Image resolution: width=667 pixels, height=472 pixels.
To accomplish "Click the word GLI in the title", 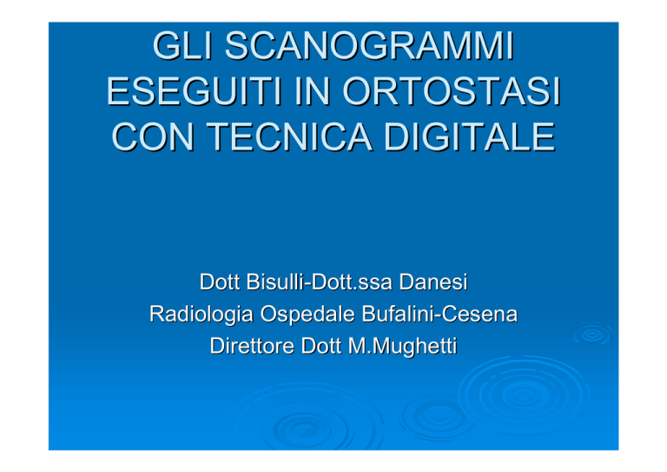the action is point(182,45).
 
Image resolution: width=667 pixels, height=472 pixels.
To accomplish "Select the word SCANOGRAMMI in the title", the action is point(370,45).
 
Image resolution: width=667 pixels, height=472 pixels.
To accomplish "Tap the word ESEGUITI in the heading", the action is point(194,91).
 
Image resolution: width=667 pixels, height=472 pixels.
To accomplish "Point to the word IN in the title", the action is point(313,91).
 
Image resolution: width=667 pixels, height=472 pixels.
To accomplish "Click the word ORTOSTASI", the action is point(452,91).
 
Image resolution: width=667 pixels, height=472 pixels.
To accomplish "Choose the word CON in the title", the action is point(153,137).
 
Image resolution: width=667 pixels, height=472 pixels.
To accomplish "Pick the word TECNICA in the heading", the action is point(289,137).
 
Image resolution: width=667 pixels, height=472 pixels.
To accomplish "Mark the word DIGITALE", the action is point(470,137).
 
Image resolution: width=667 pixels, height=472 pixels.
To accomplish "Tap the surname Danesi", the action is point(433,282).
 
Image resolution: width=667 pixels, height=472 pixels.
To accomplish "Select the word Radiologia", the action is point(201,315).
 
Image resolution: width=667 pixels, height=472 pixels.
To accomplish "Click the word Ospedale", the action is point(307,315).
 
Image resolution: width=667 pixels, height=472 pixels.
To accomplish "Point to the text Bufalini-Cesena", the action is point(439,314).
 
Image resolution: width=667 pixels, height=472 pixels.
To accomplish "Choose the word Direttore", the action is point(252,346).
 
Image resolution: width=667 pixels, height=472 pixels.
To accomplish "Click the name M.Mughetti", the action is point(402,346).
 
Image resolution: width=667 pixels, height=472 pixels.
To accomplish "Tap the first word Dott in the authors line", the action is point(220,282).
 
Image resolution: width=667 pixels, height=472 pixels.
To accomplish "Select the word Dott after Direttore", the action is point(320,346).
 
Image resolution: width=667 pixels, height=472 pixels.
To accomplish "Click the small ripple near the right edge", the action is point(592,334).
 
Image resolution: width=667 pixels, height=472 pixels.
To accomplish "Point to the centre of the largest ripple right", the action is point(524,396).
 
